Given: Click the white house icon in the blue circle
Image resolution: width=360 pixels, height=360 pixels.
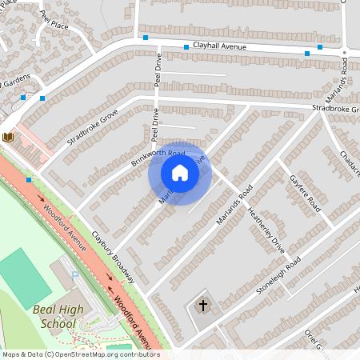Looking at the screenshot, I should click(x=180, y=172).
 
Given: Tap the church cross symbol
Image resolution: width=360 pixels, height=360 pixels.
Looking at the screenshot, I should click(x=202, y=305).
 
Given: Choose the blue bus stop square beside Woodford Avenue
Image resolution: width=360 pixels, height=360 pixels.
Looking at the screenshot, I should click(x=29, y=180).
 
